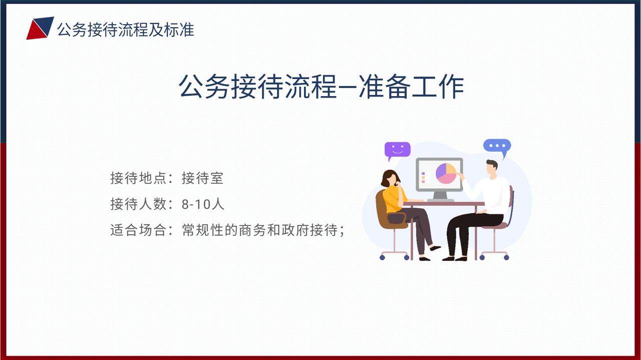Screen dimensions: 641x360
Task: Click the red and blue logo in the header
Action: point(40,28)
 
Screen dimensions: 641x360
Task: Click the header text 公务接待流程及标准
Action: point(126,30)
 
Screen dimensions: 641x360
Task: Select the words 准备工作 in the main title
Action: point(412,87)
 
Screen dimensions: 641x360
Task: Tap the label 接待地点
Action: point(138,178)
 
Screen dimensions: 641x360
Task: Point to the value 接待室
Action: point(203,178)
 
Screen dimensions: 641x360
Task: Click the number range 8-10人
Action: point(203,204)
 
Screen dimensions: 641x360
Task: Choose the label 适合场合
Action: point(138,230)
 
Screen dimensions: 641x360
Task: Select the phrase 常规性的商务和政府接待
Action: point(260,230)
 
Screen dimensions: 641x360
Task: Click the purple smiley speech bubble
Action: point(397,150)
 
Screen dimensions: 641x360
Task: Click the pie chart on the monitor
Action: point(446,173)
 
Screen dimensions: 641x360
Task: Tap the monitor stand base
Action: point(440,200)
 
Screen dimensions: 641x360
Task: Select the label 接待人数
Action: point(138,204)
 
